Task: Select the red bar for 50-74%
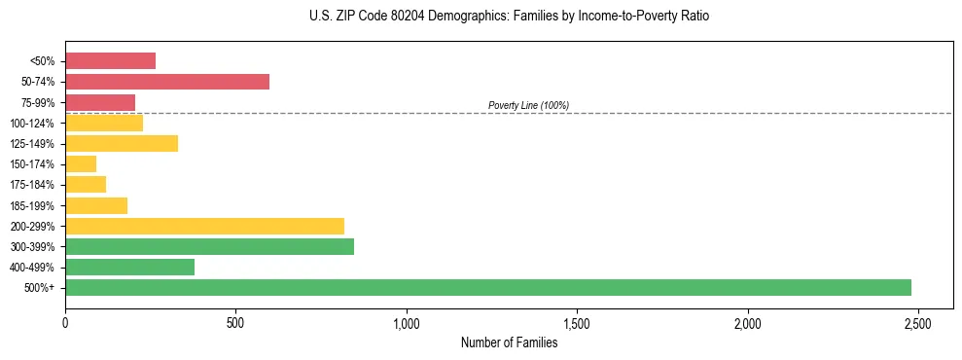[x=167, y=82]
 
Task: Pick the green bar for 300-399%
[x=209, y=246]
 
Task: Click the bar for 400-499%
[x=129, y=267]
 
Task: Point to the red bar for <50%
[x=110, y=60]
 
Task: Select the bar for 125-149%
[x=122, y=143]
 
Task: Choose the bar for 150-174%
[x=81, y=163]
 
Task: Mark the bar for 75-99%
[x=100, y=102]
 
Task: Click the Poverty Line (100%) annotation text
[x=528, y=105]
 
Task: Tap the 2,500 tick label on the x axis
[x=918, y=323]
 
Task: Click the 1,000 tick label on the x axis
[x=407, y=323]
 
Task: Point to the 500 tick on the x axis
[x=235, y=323]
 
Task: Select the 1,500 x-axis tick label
[x=577, y=323]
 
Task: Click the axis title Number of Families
[x=509, y=342]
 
